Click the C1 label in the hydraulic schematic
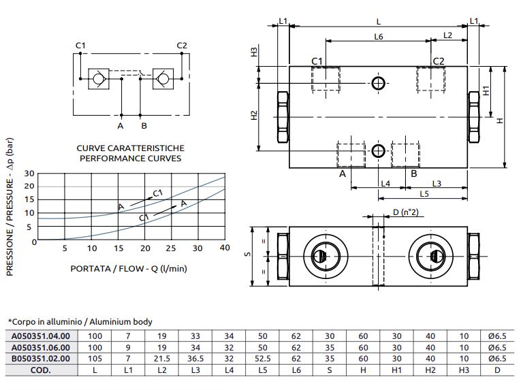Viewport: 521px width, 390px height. [80, 46]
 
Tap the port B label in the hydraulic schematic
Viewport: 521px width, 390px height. [144, 125]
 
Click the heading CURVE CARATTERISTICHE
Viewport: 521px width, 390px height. [130, 148]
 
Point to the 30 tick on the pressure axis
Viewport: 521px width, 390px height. [29, 174]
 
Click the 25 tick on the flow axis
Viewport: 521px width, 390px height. [171, 248]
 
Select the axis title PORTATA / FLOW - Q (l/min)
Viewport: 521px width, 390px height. [129, 267]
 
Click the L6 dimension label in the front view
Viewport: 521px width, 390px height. [379, 35]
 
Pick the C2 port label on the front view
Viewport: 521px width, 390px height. [439, 62]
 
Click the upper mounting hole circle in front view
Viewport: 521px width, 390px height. [379, 83]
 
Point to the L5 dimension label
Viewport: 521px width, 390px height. [424, 194]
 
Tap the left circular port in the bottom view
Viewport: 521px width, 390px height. [319, 256]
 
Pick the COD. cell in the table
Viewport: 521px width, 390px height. [41, 370]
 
